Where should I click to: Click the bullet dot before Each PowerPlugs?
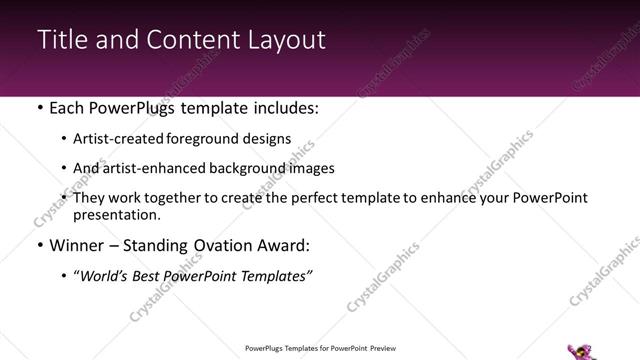(x=39, y=106)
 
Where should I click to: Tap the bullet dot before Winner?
(x=39, y=245)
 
